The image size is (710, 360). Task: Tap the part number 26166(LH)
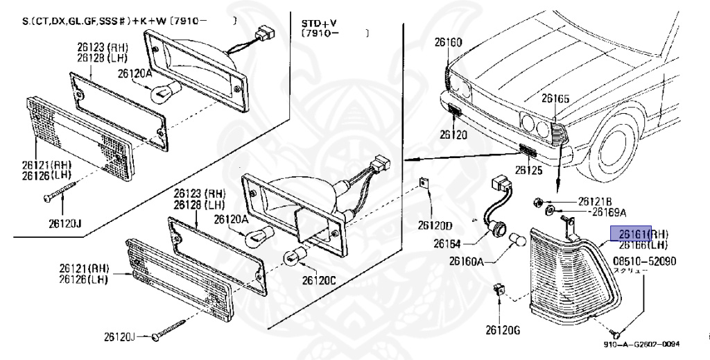[x=643, y=245]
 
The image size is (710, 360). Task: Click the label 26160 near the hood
[x=448, y=43]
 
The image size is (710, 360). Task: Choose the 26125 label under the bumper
[x=529, y=169]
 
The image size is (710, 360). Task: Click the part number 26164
[x=447, y=243]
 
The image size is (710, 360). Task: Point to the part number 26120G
[x=502, y=330]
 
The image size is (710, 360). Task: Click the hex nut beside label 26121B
[x=538, y=203]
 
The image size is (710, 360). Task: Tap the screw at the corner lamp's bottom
[x=618, y=334]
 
